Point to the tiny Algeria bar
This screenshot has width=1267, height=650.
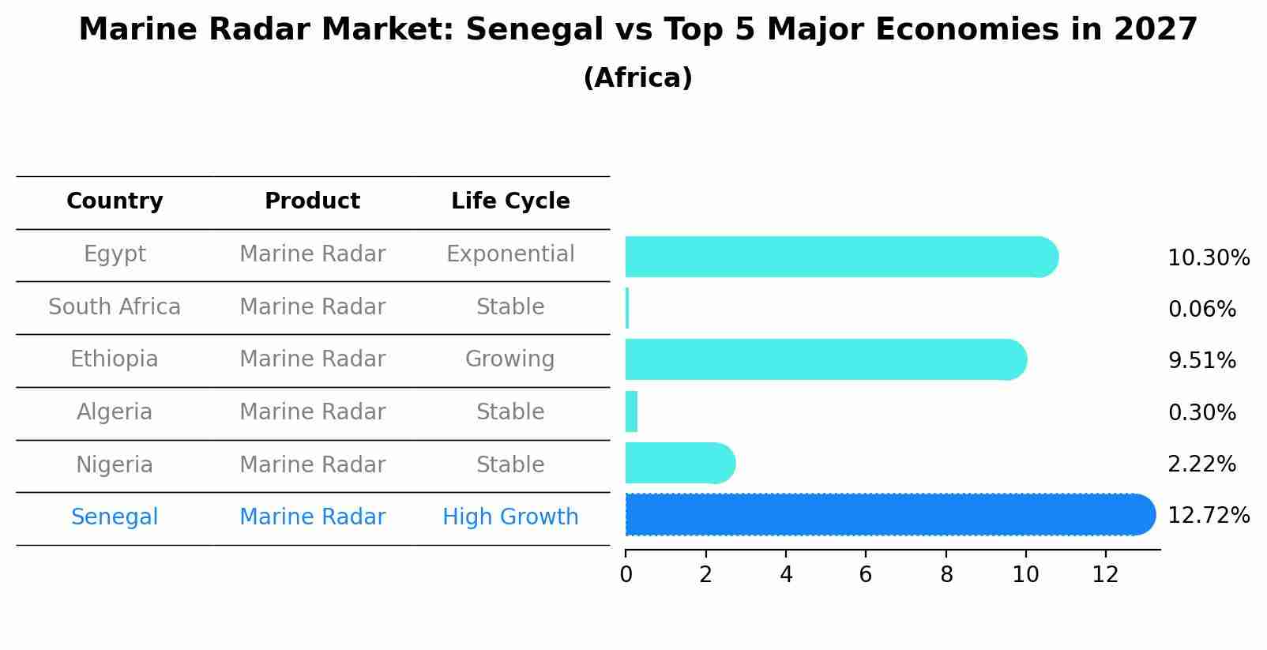631,411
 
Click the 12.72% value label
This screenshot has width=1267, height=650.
1208,516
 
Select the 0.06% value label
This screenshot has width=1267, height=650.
1201,310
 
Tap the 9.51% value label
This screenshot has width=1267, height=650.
1201,361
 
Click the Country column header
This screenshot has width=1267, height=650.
115,201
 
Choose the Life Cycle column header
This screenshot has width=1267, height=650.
510,201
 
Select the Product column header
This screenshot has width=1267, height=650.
312,201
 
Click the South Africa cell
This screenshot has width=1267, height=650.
115,307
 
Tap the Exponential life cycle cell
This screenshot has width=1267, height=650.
510,254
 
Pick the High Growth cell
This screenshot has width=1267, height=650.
510,517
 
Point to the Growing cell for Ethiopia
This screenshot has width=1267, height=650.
510,359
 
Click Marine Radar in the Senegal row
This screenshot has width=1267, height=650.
312,517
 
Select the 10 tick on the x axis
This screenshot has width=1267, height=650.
1025,575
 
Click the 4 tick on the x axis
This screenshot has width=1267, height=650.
786,575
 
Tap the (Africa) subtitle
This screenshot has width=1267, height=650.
637,78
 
